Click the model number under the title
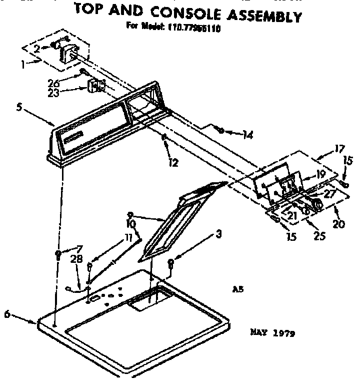click(195, 29)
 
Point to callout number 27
click(330, 194)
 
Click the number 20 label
click(338, 224)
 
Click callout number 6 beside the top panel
click(7, 314)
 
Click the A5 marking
click(238, 289)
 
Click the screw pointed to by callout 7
click(58, 254)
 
